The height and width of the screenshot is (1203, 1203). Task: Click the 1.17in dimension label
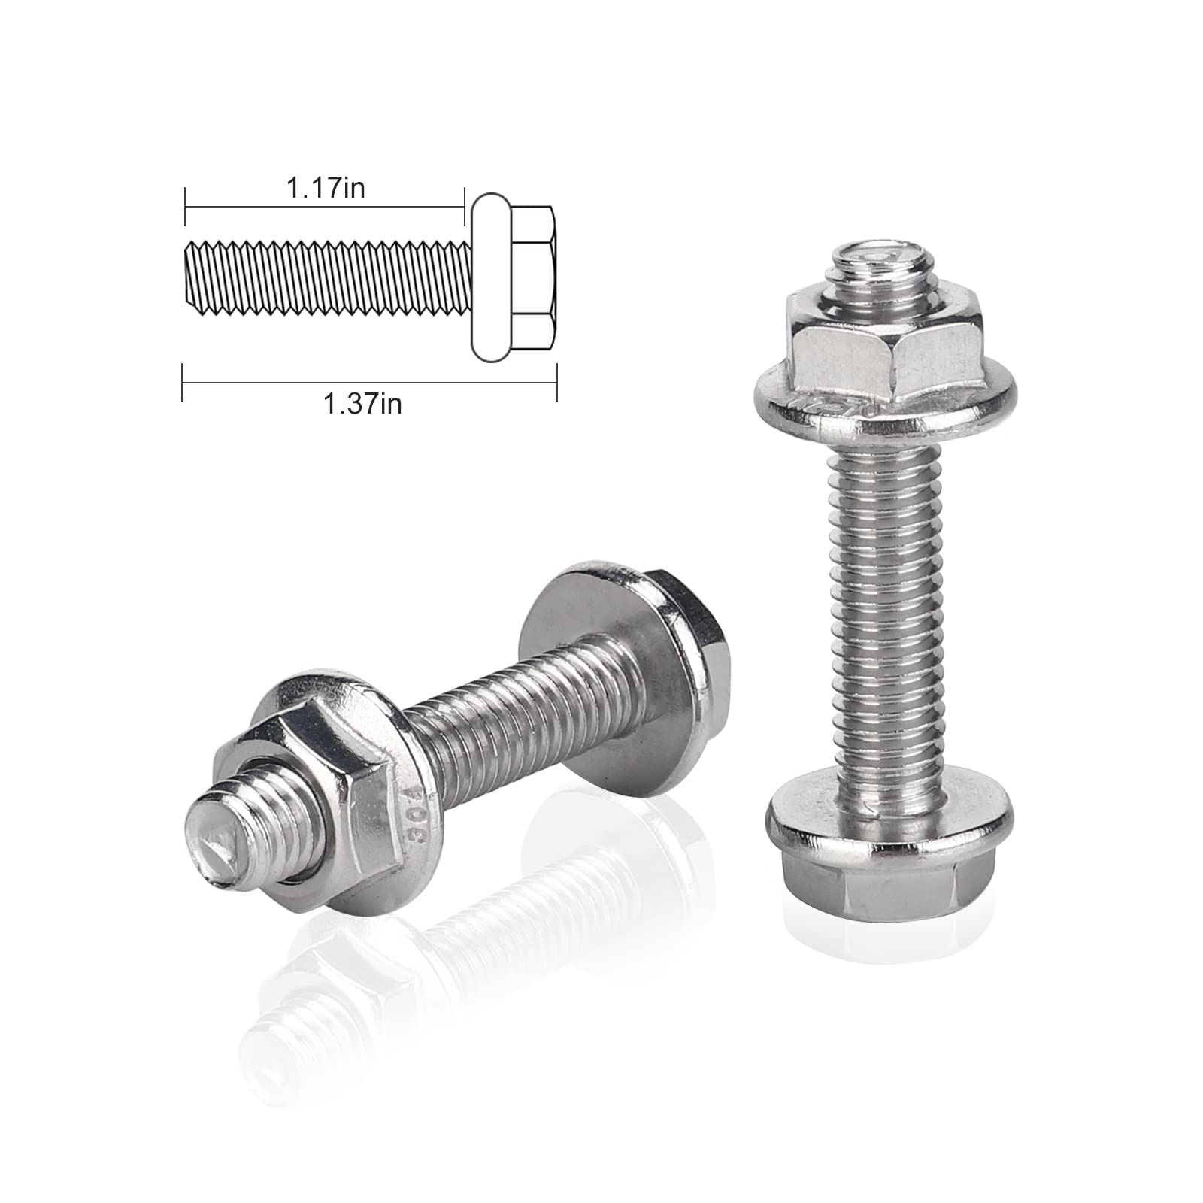[x=325, y=188]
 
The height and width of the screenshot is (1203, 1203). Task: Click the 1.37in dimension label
[x=362, y=405]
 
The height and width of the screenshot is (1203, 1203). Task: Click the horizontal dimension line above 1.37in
[x=368, y=383]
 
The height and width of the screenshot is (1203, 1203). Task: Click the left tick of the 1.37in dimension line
[x=183, y=383]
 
